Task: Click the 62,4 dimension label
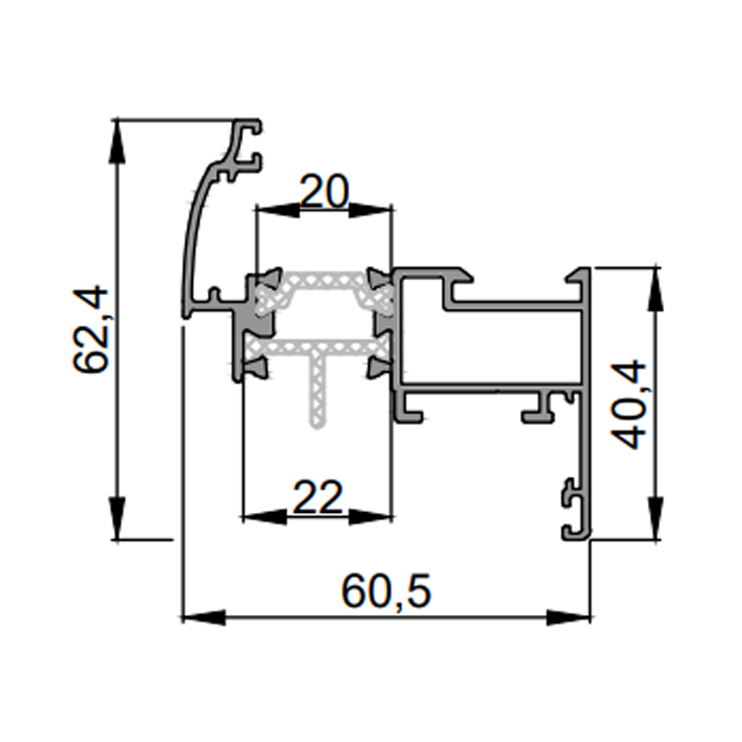[x=90, y=329]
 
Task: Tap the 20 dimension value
[x=325, y=192]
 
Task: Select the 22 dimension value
[x=317, y=497]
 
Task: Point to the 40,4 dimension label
[x=628, y=404]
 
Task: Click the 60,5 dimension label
[x=386, y=592]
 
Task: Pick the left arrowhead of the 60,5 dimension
[x=204, y=617]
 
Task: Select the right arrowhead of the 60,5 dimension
[x=569, y=617]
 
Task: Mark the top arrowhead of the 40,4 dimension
[x=655, y=289]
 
